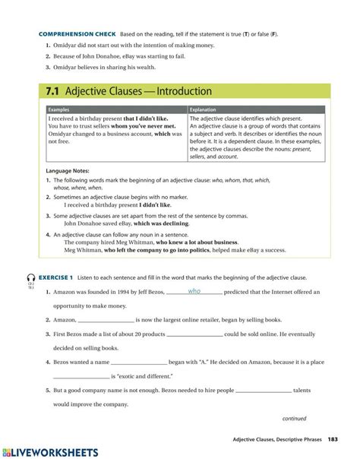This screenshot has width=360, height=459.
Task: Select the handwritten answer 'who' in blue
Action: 194,291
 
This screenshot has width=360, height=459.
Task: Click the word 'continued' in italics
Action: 294,418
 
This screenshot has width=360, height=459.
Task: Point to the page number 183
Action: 333,441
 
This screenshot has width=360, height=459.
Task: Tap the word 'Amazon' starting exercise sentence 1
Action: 65,292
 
